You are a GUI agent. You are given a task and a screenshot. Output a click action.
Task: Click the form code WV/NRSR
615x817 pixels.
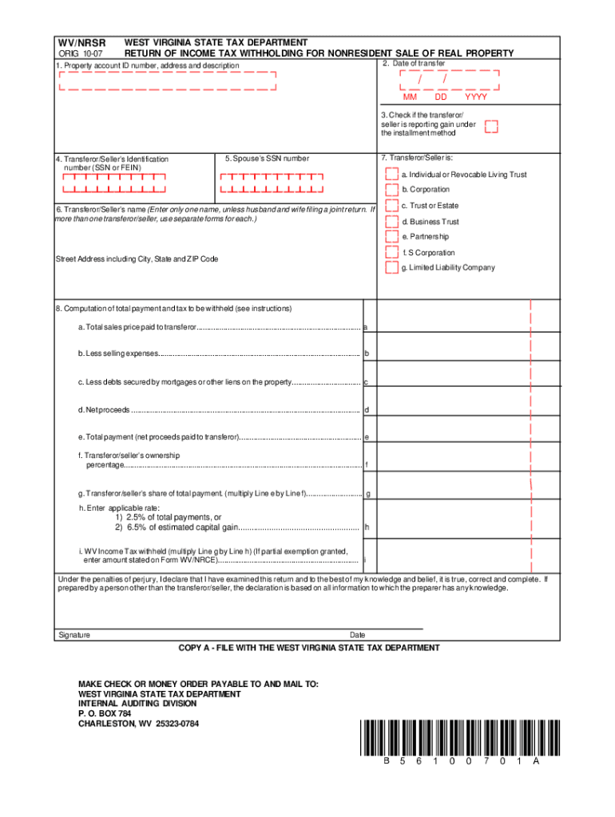click(x=80, y=41)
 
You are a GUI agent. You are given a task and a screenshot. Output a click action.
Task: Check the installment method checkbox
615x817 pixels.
click(x=492, y=128)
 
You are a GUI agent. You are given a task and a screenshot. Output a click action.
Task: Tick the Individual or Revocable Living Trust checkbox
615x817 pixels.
click(x=391, y=175)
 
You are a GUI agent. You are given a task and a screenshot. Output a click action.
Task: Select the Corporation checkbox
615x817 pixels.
click(x=391, y=190)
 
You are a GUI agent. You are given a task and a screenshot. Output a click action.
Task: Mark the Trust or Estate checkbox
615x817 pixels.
click(x=391, y=206)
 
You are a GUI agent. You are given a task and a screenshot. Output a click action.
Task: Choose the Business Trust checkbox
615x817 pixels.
click(x=391, y=221)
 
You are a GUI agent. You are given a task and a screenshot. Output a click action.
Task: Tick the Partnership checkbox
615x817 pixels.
click(x=391, y=237)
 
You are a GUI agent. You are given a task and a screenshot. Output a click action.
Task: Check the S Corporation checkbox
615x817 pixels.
click(x=391, y=253)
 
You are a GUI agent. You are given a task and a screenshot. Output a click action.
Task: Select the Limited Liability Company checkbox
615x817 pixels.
click(x=391, y=268)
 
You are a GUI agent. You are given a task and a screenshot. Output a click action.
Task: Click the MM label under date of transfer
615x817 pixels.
click(x=410, y=97)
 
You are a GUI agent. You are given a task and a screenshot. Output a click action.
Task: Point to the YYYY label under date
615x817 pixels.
click(x=476, y=97)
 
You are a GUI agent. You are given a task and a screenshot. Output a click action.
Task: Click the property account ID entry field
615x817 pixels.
click(x=167, y=81)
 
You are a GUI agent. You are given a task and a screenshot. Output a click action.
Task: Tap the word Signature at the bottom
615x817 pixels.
click(x=73, y=635)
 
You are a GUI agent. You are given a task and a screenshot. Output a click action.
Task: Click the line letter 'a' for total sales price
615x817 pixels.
click(x=366, y=327)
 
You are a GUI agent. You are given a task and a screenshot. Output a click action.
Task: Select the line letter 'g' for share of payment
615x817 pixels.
click(x=367, y=495)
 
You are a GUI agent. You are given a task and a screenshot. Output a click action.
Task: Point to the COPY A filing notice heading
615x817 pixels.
click(x=308, y=648)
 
